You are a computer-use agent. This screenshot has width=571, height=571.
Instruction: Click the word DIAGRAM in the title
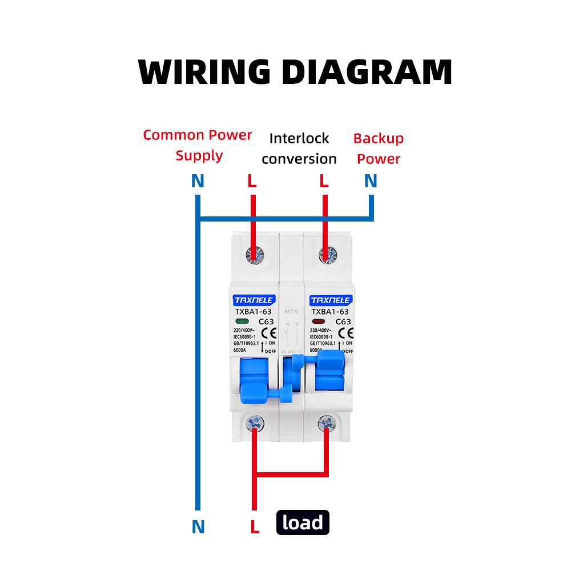[x=367, y=72]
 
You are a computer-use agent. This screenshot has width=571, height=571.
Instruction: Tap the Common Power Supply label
[x=198, y=145]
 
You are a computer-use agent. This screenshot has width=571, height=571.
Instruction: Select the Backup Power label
[x=378, y=148]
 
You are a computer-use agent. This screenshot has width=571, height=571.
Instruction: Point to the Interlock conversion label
[x=299, y=148]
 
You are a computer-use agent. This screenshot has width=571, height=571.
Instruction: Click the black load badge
[x=303, y=522]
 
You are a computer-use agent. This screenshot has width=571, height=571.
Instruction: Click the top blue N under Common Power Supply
[x=198, y=182]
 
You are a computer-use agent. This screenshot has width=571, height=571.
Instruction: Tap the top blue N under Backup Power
[x=371, y=182]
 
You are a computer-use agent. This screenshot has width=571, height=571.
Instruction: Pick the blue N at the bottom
[x=198, y=526]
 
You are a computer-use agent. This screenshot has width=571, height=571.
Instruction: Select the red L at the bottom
[x=255, y=526]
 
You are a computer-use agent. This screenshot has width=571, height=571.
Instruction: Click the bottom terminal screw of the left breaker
[x=255, y=424]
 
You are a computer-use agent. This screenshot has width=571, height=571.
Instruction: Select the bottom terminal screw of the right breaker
[x=327, y=424]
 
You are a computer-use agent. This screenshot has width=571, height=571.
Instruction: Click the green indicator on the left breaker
[x=242, y=321]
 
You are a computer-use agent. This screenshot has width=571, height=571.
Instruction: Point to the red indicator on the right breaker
[x=318, y=321]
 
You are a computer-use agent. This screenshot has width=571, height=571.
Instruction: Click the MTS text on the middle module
[x=291, y=312]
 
